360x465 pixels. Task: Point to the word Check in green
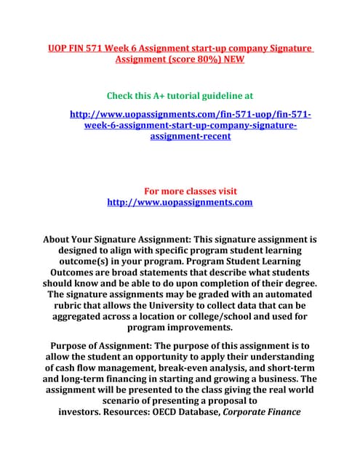[x=121, y=95]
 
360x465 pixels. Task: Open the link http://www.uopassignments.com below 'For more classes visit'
[x=180, y=202]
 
